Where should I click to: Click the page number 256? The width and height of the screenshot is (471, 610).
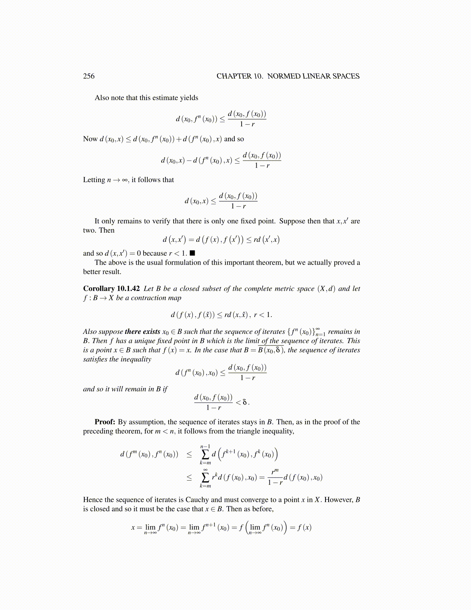pos(89,76)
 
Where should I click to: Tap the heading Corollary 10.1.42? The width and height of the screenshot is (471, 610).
pos(111,288)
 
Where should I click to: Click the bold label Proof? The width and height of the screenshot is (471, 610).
pos(105,422)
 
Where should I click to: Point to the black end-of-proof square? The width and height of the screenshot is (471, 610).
pos(193,253)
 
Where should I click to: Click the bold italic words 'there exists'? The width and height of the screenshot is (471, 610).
pos(142,332)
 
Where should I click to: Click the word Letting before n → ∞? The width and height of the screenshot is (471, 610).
pos(94,180)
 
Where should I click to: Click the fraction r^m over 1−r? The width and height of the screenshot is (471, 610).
pos(275,478)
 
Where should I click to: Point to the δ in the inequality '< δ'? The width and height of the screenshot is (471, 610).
pos(245,402)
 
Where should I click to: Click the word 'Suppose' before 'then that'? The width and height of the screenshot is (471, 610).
pos(292,221)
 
